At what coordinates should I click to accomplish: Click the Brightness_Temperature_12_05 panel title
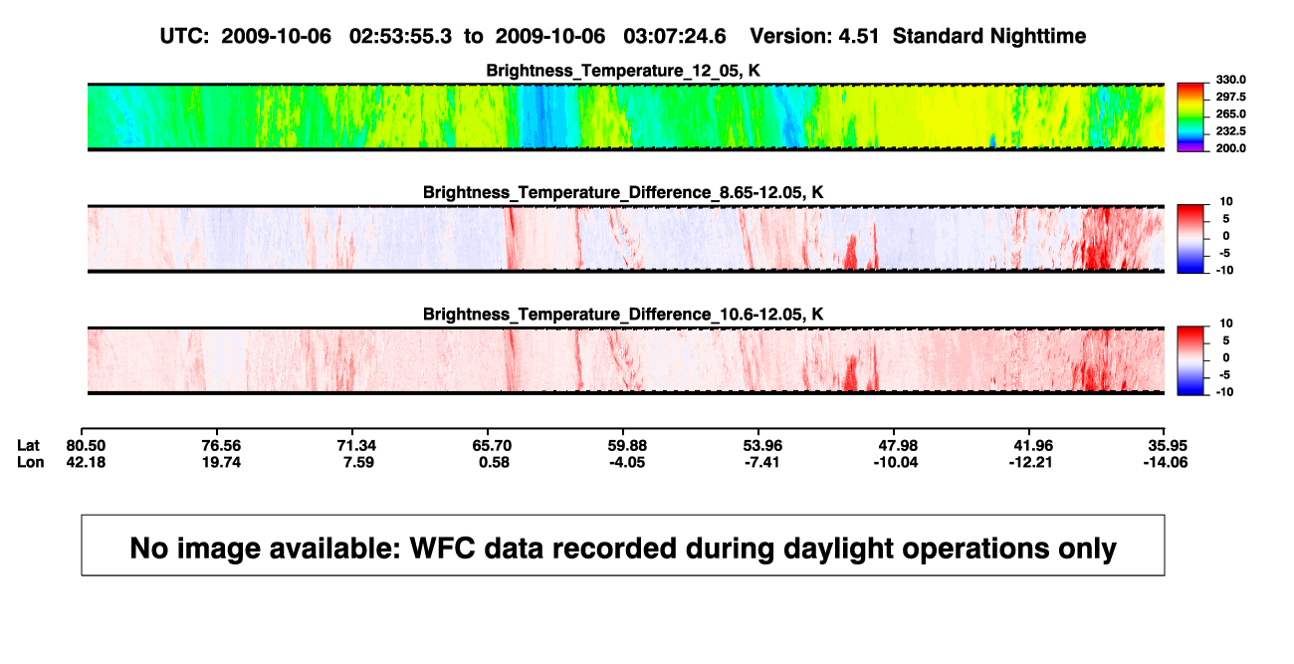pyautogui.click(x=623, y=71)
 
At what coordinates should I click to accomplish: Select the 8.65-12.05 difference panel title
pyautogui.click(x=623, y=192)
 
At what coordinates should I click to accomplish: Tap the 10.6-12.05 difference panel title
pyautogui.click(x=623, y=315)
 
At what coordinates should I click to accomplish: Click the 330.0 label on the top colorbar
pyautogui.click(x=1230, y=80)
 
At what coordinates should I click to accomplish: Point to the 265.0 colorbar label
pyautogui.click(x=1230, y=113)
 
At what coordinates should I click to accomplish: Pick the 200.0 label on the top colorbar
pyautogui.click(x=1230, y=148)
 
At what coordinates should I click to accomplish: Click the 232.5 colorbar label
pyautogui.click(x=1230, y=131)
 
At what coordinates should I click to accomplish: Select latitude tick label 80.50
pyautogui.click(x=86, y=446)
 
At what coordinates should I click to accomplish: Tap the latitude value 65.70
pyautogui.click(x=492, y=446)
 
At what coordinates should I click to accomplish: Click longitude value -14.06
pyautogui.click(x=1166, y=462)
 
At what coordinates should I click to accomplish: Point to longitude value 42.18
pyautogui.click(x=86, y=462)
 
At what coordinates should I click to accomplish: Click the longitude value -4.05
pyautogui.click(x=627, y=462)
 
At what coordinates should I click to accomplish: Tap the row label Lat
pyautogui.click(x=28, y=446)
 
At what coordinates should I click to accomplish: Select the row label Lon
pyautogui.click(x=30, y=462)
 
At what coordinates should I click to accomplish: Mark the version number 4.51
pyautogui.click(x=859, y=36)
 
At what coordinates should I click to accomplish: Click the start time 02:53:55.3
pyautogui.click(x=400, y=36)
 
